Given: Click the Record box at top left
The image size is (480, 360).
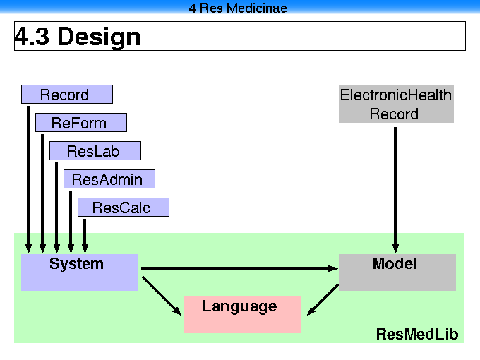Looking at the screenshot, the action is tap(67, 95).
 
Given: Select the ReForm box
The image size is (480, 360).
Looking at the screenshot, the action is tap(81, 122).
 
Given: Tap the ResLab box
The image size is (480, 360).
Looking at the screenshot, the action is tap(95, 150).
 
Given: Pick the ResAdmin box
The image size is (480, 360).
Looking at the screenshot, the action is tap(109, 179).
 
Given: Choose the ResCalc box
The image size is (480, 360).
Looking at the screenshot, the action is tap(124, 207).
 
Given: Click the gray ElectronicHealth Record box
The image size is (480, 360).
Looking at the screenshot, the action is tap(396, 104).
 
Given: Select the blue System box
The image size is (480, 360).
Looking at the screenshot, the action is tap(80, 272).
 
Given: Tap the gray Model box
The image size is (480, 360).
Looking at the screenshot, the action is tap(397, 272).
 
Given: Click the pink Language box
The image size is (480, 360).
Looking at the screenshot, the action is tap(242, 314).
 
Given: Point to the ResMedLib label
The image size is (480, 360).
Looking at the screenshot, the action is tap(417, 334).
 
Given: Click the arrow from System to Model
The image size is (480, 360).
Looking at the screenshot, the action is tap(239, 268).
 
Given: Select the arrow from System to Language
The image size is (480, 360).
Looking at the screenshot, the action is tap(162, 296).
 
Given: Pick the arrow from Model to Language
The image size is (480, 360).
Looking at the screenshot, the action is tap(323, 300).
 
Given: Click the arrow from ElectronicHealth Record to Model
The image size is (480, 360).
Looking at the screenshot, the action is tap(395, 190).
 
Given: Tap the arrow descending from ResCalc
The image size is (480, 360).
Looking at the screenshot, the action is tap(85, 236).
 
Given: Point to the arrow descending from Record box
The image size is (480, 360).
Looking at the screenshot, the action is tap(28, 180).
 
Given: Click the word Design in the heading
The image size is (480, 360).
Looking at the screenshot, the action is tap(99, 37).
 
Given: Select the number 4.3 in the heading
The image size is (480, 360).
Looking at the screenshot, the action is tap(32, 36).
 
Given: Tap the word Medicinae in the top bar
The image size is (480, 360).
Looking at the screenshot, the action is tap(257, 8).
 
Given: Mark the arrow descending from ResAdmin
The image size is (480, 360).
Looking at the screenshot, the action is tap(71, 222).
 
